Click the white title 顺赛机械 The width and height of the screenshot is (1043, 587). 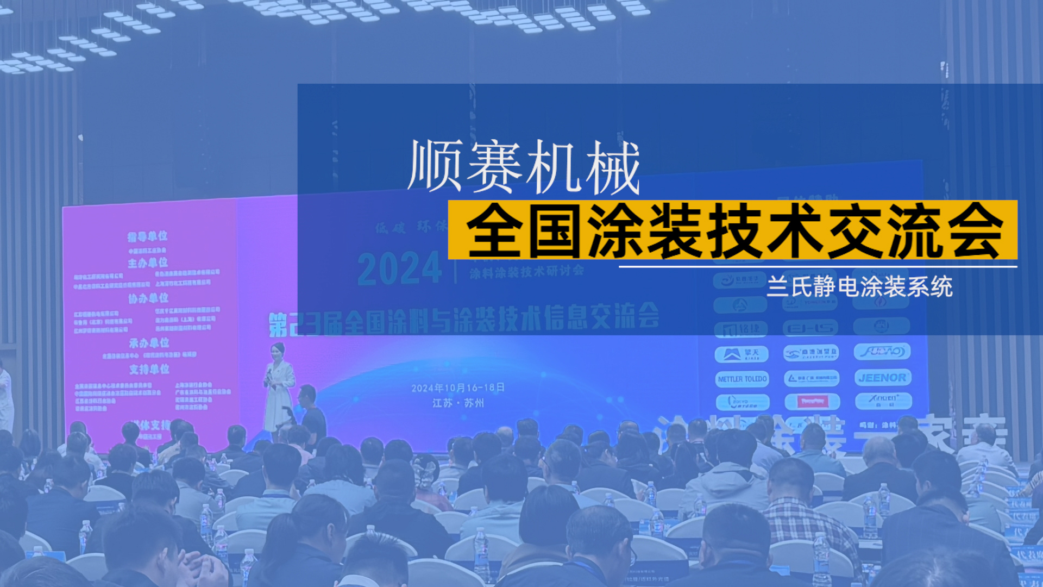(524, 167)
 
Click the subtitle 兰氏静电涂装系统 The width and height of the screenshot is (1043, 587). (859, 286)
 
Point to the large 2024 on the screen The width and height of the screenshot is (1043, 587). (399, 268)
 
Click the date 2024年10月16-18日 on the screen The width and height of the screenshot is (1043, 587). (458, 388)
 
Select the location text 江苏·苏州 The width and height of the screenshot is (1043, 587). (458, 403)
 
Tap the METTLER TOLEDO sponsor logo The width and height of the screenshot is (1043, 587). (742, 379)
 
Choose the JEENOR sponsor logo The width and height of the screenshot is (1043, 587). (882, 377)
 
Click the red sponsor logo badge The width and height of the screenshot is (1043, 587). (812, 402)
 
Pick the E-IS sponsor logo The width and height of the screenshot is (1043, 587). (810, 328)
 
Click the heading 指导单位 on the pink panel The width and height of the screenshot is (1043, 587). (147, 236)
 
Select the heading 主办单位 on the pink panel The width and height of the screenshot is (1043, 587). (147, 263)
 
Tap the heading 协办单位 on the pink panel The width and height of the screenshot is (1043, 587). (148, 298)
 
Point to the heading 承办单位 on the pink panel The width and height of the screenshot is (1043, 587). (149, 343)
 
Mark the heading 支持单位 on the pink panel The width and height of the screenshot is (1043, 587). (149, 370)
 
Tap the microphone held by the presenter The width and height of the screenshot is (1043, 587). (269, 374)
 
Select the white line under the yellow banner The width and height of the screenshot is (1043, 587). (818, 267)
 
